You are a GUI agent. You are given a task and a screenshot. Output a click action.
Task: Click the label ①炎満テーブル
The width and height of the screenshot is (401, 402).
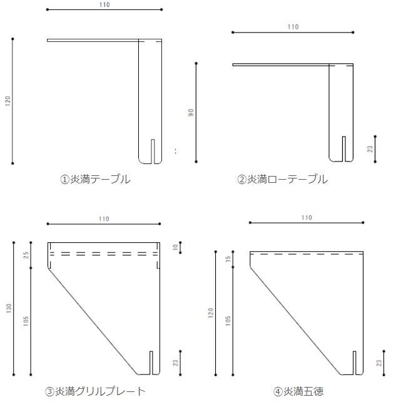point(95,179)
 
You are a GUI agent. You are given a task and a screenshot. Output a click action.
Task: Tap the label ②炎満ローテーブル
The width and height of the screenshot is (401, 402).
point(282,179)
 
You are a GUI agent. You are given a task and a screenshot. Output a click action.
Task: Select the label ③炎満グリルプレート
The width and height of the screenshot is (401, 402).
point(95,391)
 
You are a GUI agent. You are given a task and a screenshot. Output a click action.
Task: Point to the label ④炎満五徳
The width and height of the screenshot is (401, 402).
point(298,391)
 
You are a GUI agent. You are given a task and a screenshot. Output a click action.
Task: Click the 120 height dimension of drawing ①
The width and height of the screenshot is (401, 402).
point(8,101)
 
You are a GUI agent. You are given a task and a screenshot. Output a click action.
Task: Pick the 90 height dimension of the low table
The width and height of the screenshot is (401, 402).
point(191,113)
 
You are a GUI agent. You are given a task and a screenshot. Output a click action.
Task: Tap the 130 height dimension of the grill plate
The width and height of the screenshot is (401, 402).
point(9,308)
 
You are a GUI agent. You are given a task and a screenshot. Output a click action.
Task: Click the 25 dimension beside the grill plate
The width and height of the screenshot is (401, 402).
point(26,255)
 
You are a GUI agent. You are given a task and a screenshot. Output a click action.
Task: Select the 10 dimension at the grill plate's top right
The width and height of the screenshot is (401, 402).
point(175,247)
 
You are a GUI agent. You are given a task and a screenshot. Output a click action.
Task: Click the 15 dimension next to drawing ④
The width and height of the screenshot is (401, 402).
point(228,259)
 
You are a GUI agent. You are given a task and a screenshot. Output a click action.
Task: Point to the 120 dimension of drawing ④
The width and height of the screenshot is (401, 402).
point(211,313)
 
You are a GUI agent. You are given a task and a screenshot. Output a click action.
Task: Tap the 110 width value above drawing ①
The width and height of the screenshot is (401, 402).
point(104,4)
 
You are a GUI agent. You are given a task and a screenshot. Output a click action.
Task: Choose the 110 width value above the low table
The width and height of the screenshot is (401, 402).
point(293,27)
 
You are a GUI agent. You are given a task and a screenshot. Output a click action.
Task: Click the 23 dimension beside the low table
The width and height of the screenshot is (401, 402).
point(370,149)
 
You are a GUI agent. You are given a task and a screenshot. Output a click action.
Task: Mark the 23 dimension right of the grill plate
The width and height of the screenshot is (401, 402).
point(175,363)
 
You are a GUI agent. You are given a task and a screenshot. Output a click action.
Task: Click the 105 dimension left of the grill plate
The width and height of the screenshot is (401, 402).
point(26,321)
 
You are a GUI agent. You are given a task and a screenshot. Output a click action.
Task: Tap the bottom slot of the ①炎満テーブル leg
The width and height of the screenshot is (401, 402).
point(153,152)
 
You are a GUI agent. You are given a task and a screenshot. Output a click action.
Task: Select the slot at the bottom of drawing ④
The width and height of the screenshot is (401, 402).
point(355,363)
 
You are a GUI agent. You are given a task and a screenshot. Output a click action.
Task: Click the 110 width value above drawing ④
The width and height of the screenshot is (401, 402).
point(307,218)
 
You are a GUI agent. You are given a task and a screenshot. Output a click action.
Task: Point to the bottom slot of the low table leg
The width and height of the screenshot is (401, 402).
point(344,149)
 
